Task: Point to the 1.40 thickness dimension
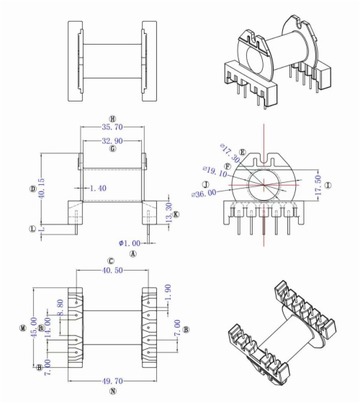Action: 99,188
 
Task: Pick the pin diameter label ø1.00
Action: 130,244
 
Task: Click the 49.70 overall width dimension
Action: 113,382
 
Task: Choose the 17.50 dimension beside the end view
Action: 318,184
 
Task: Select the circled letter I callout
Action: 328,185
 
